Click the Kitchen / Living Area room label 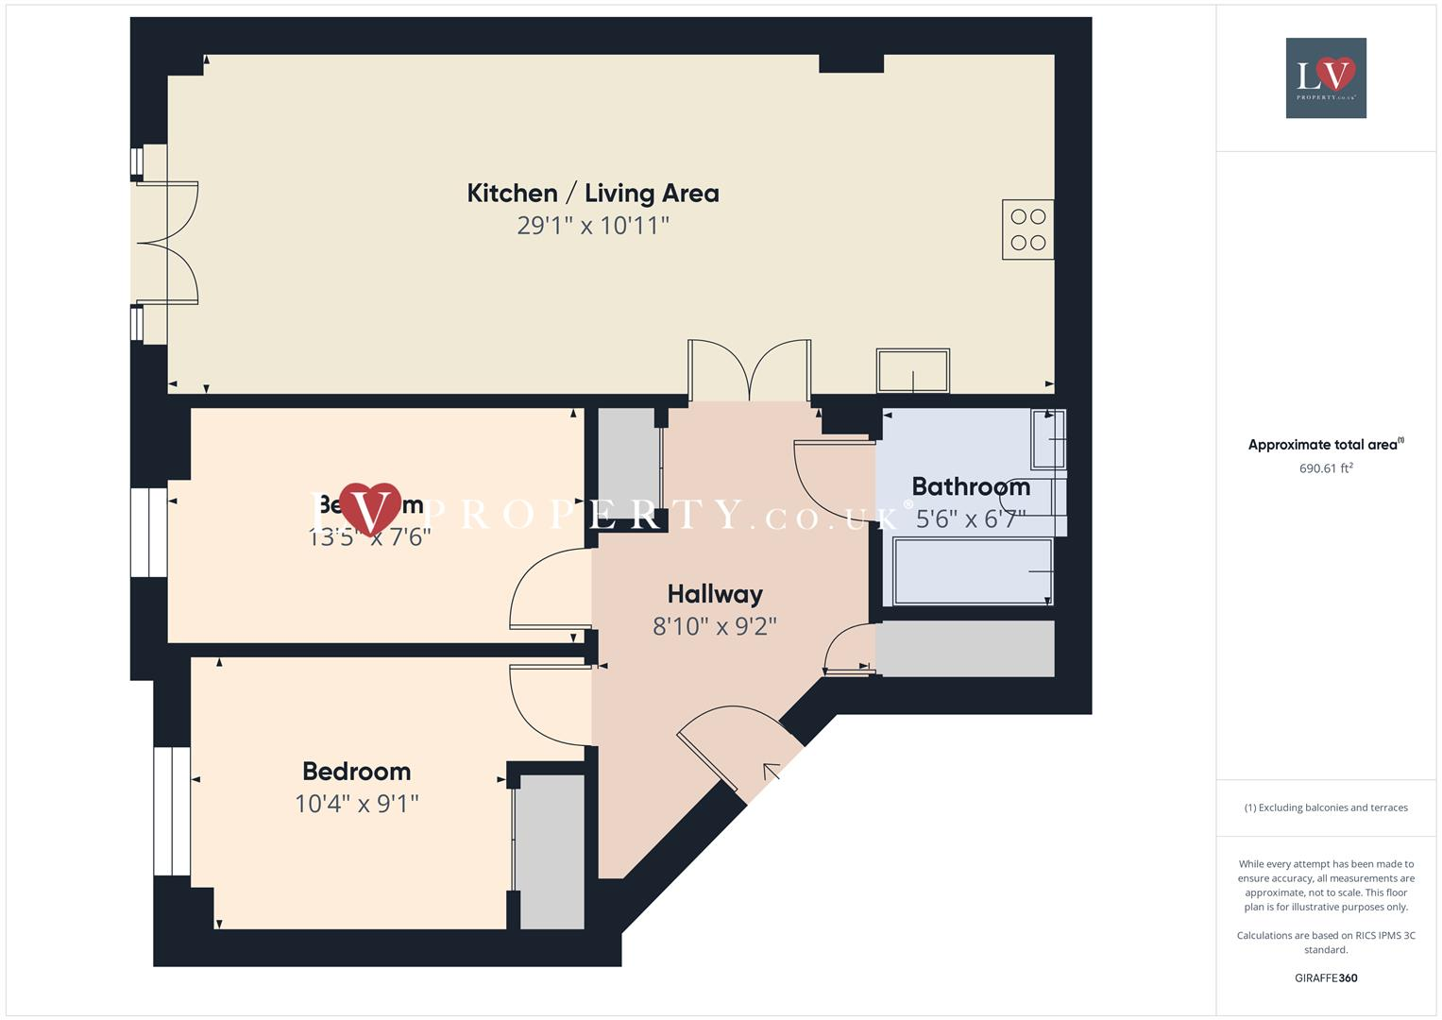[592, 194]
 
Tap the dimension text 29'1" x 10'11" [592, 226]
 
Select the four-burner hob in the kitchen [1027, 229]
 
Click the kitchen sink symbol [912, 370]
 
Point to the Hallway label [714, 594]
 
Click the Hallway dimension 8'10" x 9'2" [714, 626]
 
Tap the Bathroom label [970, 487]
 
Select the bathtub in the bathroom [972, 571]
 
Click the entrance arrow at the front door [771, 772]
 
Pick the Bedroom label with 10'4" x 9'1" [356, 772]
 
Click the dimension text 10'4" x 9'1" [356, 804]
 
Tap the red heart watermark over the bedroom [370, 508]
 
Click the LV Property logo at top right [1325, 78]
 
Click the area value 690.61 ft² [1325, 468]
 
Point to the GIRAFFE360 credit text [1325, 977]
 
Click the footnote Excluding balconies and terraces [1325, 807]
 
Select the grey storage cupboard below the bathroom [964, 648]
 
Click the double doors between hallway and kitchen [749, 371]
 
